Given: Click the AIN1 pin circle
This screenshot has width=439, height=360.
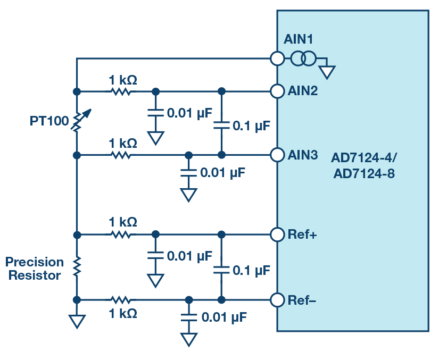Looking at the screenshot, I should click(x=277, y=58).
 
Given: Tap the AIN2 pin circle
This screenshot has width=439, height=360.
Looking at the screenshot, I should click(x=277, y=91).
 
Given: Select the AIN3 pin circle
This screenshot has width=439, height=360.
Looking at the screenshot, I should click(x=277, y=155).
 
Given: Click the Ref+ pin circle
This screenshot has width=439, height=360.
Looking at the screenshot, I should click(x=277, y=234).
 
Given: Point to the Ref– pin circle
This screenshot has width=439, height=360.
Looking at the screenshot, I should click(x=277, y=300).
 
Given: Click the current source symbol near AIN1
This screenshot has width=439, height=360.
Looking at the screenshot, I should click(x=303, y=58).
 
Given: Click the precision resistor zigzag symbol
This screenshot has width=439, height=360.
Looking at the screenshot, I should click(x=77, y=266).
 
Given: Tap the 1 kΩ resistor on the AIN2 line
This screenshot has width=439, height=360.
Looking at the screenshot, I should click(x=121, y=91).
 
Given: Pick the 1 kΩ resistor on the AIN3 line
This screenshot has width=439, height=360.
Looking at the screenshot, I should click(x=121, y=155).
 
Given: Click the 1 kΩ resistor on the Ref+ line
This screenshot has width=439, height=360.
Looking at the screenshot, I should click(x=121, y=234).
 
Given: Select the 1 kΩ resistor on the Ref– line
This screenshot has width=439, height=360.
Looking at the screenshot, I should click(x=121, y=300).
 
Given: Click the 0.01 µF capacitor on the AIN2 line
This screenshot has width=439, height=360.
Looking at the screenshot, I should click(x=155, y=113).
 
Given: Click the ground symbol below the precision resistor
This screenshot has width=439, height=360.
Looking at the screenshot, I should click(x=77, y=321).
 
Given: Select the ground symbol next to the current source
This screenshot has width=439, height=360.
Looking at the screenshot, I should click(x=327, y=72).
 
